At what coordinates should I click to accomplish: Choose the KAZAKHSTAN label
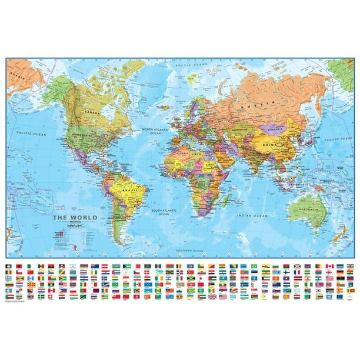click(240, 127)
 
